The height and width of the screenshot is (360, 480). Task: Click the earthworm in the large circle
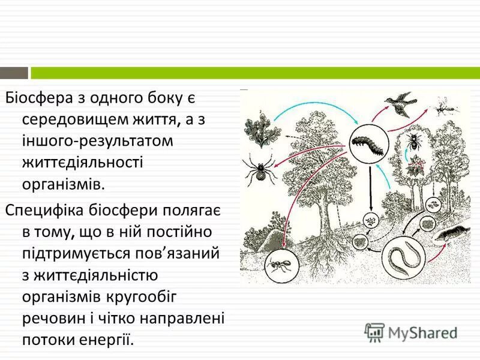pyautogui.click(x=401, y=258)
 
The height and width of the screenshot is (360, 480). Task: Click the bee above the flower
pyautogui.click(x=414, y=142)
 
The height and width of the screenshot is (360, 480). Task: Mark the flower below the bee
pyautogui.click(x=413, y=166)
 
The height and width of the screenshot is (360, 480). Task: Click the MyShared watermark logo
pyautogui.click(x=412, y=331)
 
